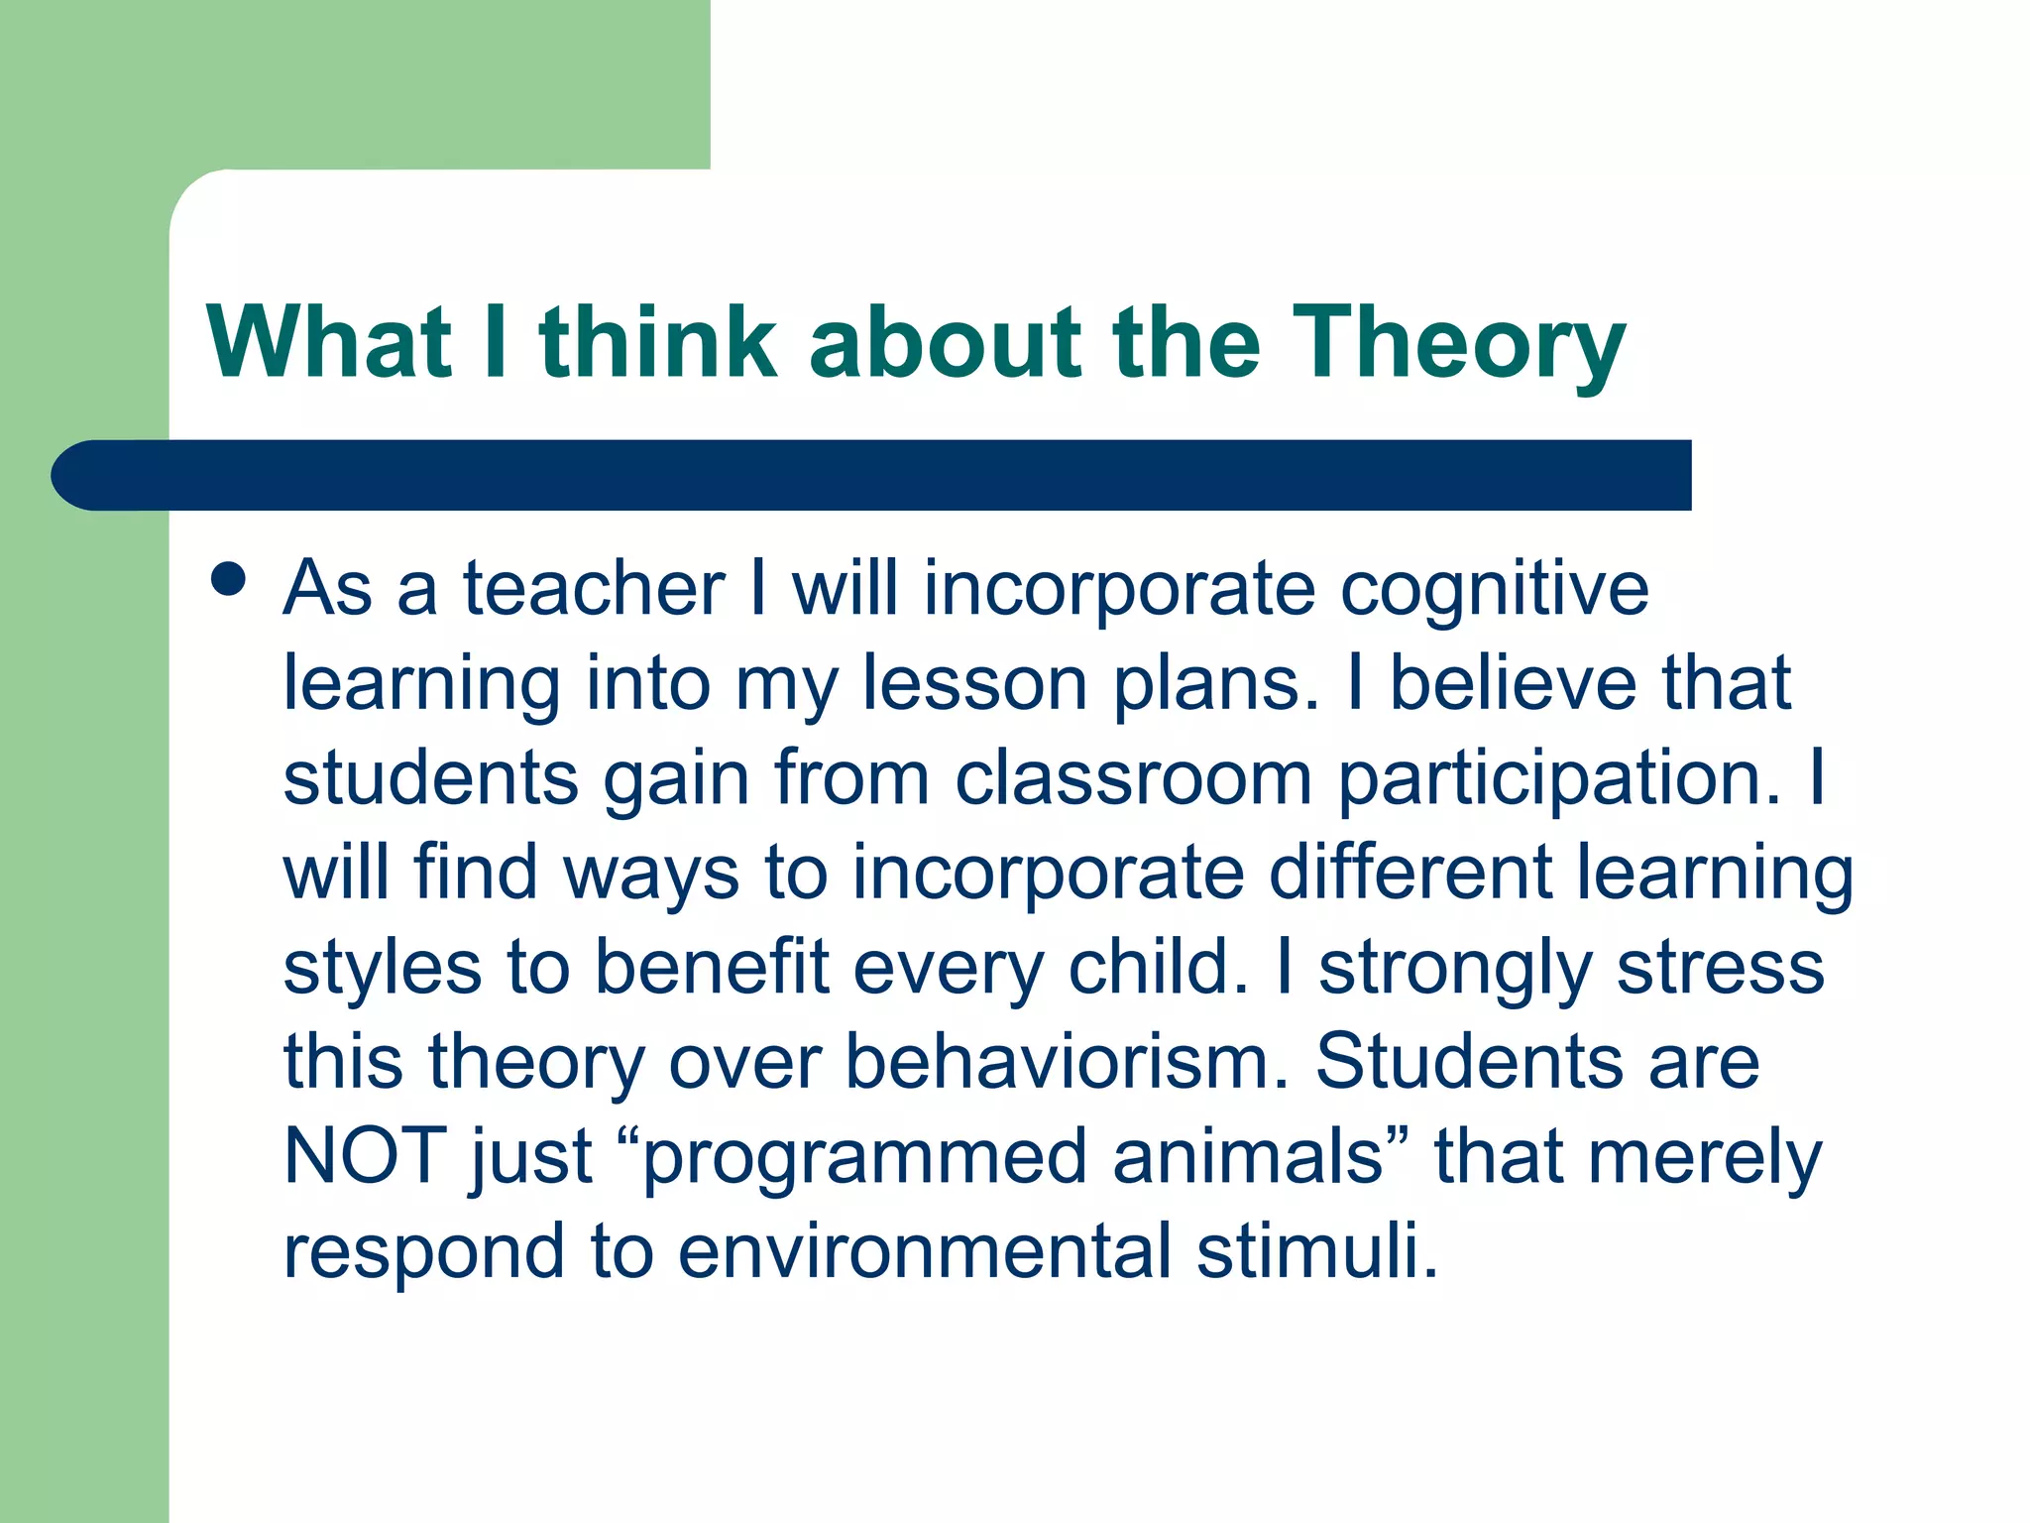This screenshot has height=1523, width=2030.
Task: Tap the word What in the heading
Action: click(x=328, y=342)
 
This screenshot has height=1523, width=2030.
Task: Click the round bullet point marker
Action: click(x=229, y=579)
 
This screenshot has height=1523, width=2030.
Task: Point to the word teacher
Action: click(x=594, y=589)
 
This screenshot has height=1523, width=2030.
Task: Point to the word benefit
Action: click(x=711, y=967)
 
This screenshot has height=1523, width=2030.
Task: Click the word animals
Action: click(x=1247, y=1156)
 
